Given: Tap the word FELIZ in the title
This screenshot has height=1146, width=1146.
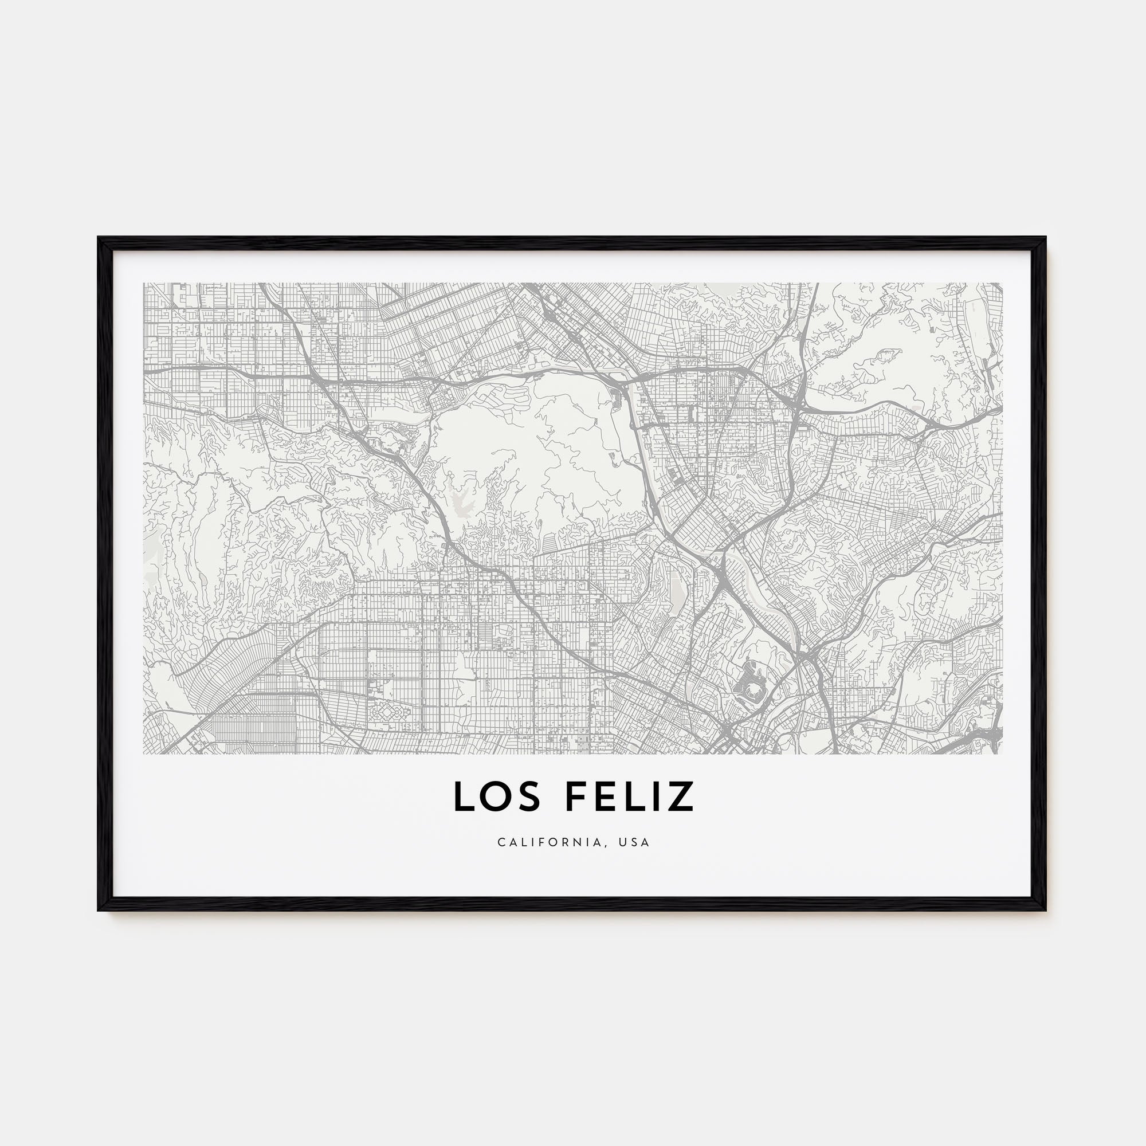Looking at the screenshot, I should click(629, 796).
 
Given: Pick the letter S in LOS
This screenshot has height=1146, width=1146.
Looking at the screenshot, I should click(529, 796).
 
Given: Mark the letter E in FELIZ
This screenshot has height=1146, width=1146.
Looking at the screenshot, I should click(605, 796).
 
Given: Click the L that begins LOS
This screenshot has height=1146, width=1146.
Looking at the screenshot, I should click(465, 796).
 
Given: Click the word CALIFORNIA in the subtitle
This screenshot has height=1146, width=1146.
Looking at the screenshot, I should click(552, 842).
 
